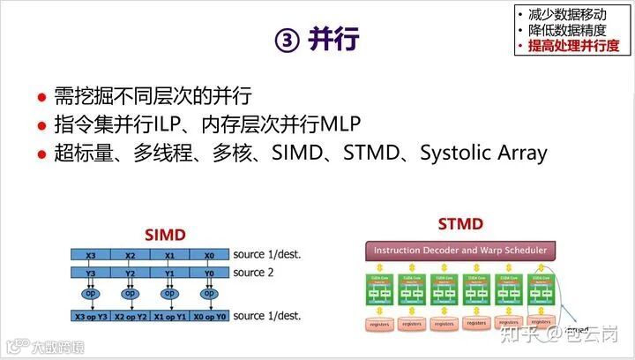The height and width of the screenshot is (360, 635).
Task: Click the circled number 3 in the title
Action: click(x=288, y=41)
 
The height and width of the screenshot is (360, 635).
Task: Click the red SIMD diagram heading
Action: click(x=166, y=235)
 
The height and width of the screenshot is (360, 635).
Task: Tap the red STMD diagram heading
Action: click(x=460, y=224)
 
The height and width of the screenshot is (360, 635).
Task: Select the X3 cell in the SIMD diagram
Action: click(x=91, y=255)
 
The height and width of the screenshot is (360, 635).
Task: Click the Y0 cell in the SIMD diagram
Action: click(x=209, y=273)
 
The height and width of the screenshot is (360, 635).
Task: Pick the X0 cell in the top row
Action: click(x=209, y=255)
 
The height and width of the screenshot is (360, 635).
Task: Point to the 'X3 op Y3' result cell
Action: click(x=91, y=316)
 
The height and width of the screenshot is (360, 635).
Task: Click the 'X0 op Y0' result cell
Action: click(x=209, y=316)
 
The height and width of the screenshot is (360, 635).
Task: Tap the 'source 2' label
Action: click(x=253, y=273)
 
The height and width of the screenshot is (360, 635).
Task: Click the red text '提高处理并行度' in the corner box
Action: click(x=573, y=45)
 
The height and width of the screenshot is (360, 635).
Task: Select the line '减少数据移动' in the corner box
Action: click(x=566, y=14)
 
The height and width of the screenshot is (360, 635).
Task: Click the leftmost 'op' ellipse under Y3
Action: click(x=91, y=294)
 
